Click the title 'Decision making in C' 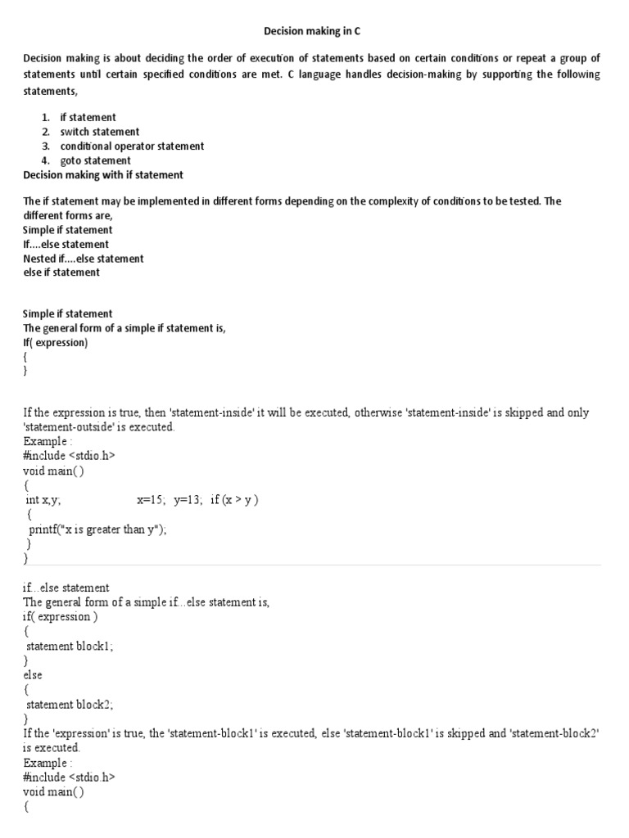[x=312, y=31]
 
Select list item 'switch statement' [x=100, y=132]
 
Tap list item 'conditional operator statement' [x=132, y=146]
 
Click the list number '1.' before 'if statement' [x=47, y=118]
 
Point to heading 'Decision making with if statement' [x=103, y=175]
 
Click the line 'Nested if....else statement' [x=84, y=259]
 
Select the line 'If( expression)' [x=55, y=343]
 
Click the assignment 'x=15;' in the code [x=152, y=500]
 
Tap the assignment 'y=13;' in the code [x=188, y=500]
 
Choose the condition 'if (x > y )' [x=234, y=500]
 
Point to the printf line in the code [x=97, y=529]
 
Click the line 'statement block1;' [x=70, y=646]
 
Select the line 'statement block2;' [x=70, y=704]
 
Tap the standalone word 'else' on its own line [x=33, y=675]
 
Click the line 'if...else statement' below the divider [x=66, y=588]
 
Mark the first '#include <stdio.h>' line [x=69, y=456]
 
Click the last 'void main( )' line [x=53, y=792]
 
